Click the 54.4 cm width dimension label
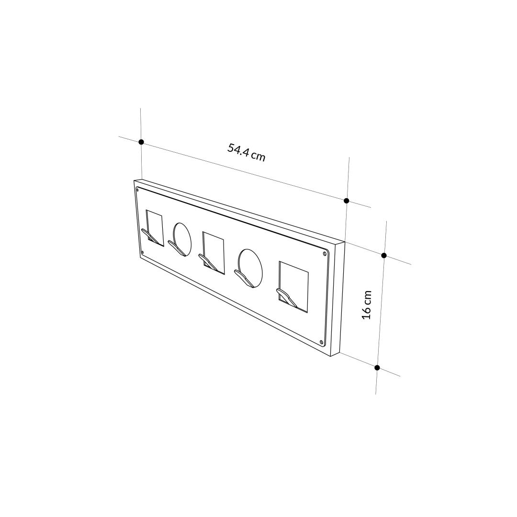(x=246, y=152)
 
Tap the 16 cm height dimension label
(x=367, y=304)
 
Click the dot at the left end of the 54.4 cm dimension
(x=141, y=142)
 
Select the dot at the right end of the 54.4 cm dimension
(x=346, y=201)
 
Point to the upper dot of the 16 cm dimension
(x=384, y=256)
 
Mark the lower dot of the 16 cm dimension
(x=377, y=368)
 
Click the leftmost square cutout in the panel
(x=155, y=227)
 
